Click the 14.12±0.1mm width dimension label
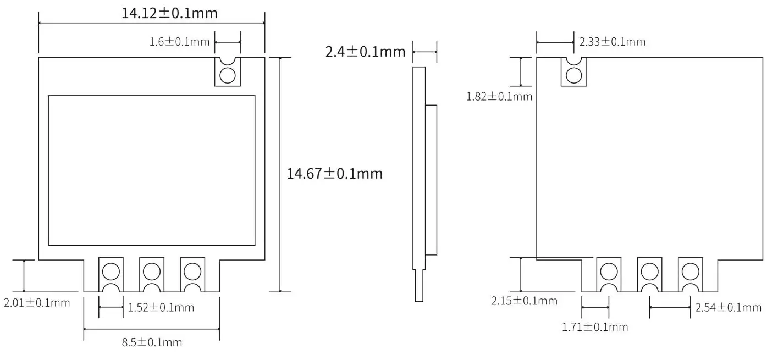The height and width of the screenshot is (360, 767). (x=169, y=13)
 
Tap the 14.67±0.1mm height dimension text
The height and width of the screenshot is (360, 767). (x=334, y=174)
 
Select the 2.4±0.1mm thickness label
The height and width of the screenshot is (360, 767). (x=365, y=52)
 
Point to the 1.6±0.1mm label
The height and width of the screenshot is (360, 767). (x=179, y=42)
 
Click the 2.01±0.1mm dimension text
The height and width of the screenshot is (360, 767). (x=37, y=302)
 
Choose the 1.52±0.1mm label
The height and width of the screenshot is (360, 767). (x=161, y=307)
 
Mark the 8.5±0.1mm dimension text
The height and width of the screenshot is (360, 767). (x=152, y=342)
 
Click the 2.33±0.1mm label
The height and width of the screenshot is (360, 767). (x=612, y=41)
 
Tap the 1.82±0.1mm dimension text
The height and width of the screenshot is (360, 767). (x=499, y=97)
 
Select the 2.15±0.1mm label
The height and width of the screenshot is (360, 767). (x=524, y=301)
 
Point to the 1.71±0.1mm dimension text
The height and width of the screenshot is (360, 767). (x=594, y=327)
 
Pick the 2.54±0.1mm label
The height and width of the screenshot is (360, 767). (x=728, y=307)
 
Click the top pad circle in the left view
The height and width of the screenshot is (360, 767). (x=228, y=75)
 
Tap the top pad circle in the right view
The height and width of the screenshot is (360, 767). (x=574, y=75)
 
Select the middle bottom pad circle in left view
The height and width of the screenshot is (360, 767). (x=151, y=271)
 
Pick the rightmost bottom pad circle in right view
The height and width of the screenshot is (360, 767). (x=690, y=271)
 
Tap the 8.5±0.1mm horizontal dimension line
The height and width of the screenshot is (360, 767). (x=152, y=329)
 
